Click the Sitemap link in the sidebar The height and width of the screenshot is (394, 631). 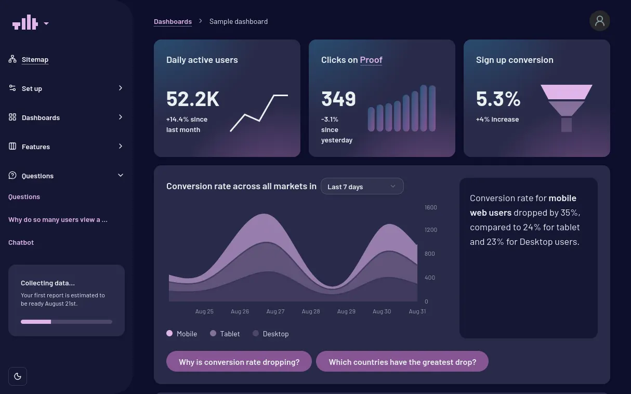coord(35,60)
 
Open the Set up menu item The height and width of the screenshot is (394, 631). coord(32,88)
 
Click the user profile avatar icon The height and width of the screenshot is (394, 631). coord(599,21)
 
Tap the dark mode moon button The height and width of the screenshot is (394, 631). coord(18,376)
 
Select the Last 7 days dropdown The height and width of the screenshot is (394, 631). coord(362,187)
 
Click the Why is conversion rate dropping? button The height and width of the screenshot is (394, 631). coord(239,362)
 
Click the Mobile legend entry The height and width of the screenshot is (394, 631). coord(182,334)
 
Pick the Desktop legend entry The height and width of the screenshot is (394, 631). coord(271,334)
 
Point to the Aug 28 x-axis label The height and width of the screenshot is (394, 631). coord(311,311)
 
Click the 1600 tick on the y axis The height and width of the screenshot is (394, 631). coord(431,207)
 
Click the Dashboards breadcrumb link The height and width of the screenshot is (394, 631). coord(173,21)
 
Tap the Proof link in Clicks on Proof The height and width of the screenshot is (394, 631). coord(371,60)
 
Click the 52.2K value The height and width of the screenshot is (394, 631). coord(192,99)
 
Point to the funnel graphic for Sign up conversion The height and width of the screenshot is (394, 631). coord(566,108)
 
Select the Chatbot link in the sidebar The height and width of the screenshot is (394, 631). coord(21,243)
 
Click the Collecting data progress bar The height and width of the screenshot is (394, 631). coord(67,322)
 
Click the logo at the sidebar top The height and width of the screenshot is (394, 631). coord(25,23)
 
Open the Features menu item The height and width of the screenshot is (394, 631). coord(36,147)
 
